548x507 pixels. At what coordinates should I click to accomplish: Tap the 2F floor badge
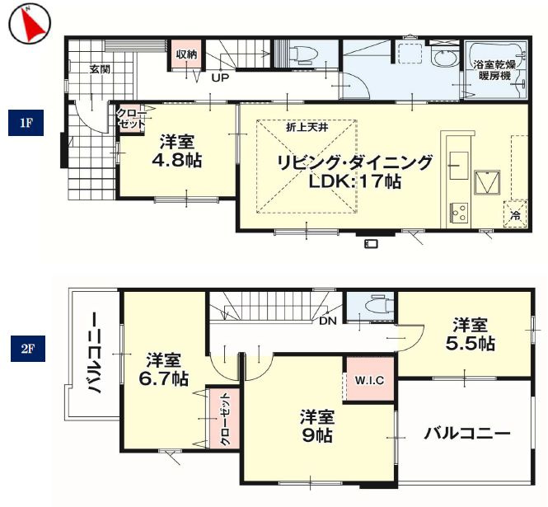coord(26,349)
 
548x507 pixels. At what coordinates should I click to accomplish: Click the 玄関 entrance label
coord(101,69)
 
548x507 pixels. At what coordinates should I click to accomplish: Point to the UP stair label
coord(220,79)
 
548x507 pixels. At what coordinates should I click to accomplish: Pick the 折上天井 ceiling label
coord(306,127)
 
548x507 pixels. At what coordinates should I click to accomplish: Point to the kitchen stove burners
coord(457,213)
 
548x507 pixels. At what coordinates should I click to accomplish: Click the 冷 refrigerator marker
coord(516,214)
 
